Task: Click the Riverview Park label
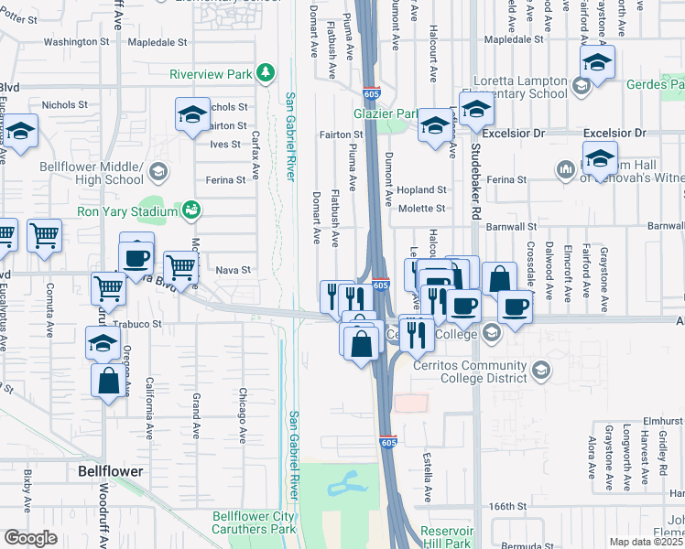click(211, 73)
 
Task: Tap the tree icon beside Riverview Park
click(265, 72)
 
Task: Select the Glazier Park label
click(386, 113)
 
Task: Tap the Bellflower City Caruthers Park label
click(254, 522)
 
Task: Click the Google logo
click(30, 538)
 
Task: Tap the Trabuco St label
click(137, 324)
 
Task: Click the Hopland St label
click(422, 190)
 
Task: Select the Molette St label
click(421, 209)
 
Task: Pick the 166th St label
click(508, 506)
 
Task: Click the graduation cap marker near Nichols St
click(192, 115)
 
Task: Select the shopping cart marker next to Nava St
click(182, 267)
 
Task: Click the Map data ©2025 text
click(646, 542)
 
